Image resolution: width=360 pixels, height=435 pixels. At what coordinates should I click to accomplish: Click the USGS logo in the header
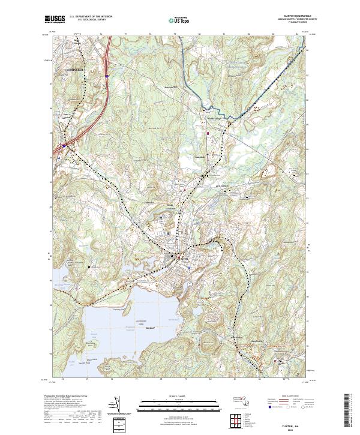(54, 19)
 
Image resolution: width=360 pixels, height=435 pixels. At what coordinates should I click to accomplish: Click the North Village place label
(215, 119)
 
